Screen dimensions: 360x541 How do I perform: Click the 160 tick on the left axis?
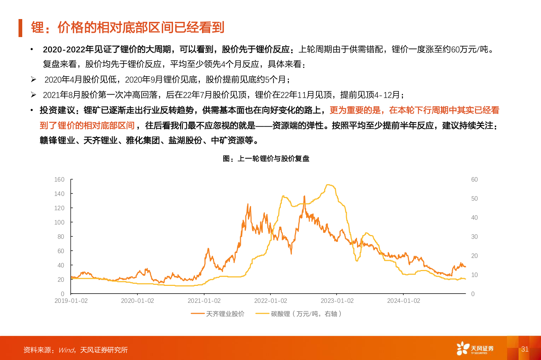coord(59,180)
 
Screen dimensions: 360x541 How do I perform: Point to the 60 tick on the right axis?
coord(474,180)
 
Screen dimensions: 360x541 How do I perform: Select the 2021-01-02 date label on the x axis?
coord(204,301)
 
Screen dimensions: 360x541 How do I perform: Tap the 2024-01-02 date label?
coord(404,301)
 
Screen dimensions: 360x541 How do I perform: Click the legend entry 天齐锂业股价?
coord(225,314)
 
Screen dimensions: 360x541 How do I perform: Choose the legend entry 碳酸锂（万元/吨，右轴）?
coord(306,314)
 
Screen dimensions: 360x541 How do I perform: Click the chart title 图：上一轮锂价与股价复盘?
coord(266,159)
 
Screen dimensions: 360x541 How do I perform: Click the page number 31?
coord(525,349)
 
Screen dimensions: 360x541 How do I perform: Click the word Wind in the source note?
coord(66,350)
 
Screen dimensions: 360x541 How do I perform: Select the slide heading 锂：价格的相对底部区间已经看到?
coord(127,28)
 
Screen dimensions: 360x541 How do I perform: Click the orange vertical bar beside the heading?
coord(20,28)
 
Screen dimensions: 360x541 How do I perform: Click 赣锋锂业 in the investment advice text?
coord(57,140)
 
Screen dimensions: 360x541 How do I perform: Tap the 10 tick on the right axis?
coord(474,275)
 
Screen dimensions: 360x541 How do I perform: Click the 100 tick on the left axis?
coord(59,222)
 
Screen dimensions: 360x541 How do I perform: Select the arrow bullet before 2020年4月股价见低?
coord(34,79)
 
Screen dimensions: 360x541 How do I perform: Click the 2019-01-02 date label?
coord(71,301)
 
